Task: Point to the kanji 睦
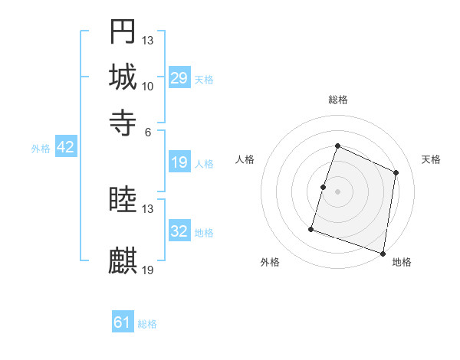click(123, 200)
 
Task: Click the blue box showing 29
click(179, 78)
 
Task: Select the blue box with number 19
click(179, 162)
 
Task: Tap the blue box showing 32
click(179, 231)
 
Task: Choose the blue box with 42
click(65, 148)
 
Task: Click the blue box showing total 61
click(123, 322)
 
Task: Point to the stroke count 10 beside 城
click(147, 86)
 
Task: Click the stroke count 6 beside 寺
click(147, 131)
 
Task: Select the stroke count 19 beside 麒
click(148, 270)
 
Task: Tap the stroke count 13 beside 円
click(147, 40)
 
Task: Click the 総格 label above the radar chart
click(338, 100)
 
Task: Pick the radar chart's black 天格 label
click(431, 159)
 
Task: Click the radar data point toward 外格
click(311, 229)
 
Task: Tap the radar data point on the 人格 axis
click(323, 187)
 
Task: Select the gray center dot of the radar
click(338, 191)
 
